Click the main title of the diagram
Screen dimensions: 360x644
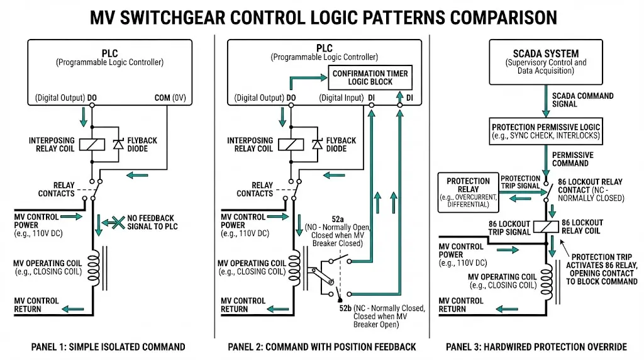pos(322,16)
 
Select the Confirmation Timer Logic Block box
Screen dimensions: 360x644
pos(370,78)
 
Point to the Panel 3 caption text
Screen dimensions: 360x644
pos(536,347)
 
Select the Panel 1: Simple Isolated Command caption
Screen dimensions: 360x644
pos(108,347)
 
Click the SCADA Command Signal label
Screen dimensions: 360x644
pos(574,99)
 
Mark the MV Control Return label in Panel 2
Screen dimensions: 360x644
pos(243,305)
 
